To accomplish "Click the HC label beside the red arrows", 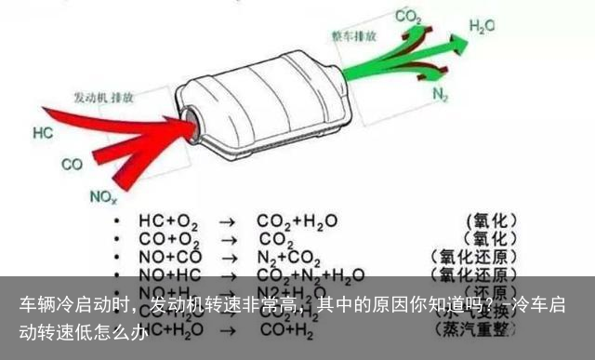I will click(x=43, y=134).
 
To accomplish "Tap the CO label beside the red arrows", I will click(x=72, y=165).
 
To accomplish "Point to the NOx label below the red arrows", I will click(x=102, y=196).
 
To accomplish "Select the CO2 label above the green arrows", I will click(x=407, y=16).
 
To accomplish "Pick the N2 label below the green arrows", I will click(x=441, y=94).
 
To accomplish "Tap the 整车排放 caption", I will click(x=354, y=36).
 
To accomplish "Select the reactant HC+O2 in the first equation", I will click(x=168, y=221).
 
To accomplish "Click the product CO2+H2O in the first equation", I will click(x=297, y=221).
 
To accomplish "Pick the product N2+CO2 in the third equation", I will click(x=290, y=257).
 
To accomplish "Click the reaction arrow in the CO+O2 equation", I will click(x=227, y=239).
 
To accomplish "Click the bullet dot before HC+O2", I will click(x=115, y=221).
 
